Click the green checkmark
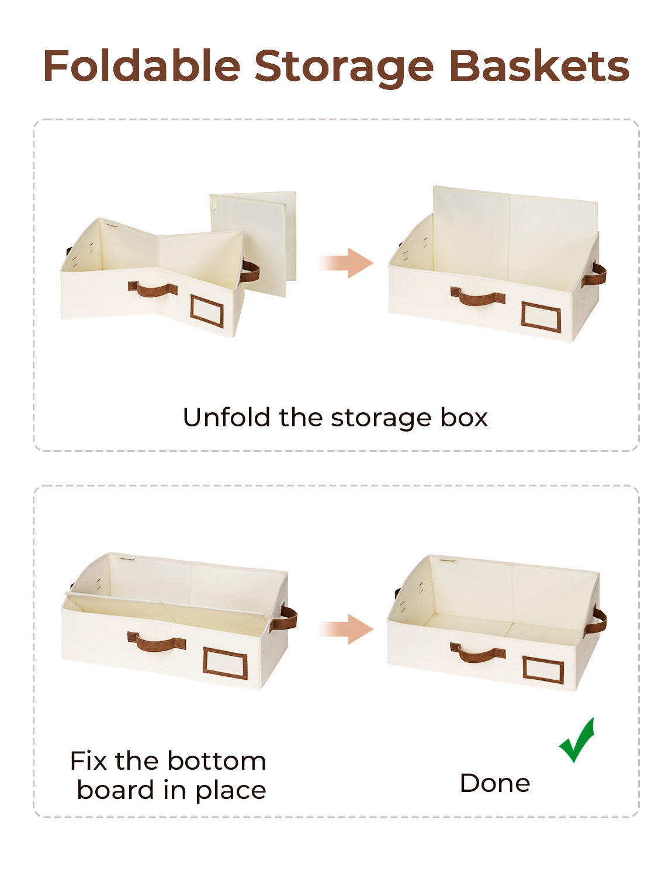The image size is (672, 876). click(x=577, y=741)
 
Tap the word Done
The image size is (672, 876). click(x=495, y=783)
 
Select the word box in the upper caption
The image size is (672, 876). click(x=464, y=418)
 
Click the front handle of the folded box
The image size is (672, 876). click(x=153, y=289)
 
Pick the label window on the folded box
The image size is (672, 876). click(x=207, y=311)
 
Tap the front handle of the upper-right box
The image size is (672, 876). click(x=477, y=297)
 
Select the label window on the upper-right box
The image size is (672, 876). click(x=541, y=317)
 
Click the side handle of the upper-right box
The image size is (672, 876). click(x=595, y=274)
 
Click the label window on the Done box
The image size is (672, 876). click(x=543, y=670)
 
